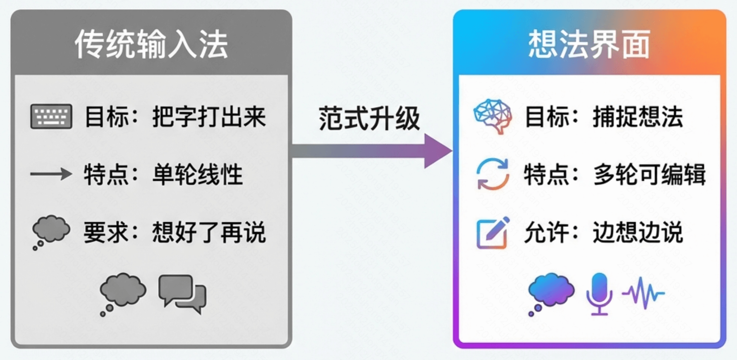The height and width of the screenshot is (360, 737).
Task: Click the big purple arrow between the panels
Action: [x=372, y=151]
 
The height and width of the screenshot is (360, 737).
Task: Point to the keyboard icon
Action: [x=51, y=117]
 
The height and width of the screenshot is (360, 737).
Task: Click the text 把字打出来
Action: [x=209, y=117]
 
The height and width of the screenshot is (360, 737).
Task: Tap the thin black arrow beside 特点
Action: [x=51, y=174]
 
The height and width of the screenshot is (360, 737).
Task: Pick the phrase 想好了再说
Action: [x=209, y=233]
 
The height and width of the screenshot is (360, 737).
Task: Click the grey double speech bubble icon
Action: [x=182, y=293]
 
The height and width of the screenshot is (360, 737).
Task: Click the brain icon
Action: [x=493, y=116]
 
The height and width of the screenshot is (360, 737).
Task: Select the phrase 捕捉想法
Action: [x=637, y=117]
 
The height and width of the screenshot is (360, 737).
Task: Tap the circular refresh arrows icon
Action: [x=492, y=174]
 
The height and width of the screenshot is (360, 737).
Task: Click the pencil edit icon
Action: [x=493, y=233]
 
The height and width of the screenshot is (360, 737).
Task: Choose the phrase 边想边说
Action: [x=637, y=233]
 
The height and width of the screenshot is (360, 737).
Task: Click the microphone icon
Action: [x=599, y=293]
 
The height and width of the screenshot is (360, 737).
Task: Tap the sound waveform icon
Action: [x=644, y=293]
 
